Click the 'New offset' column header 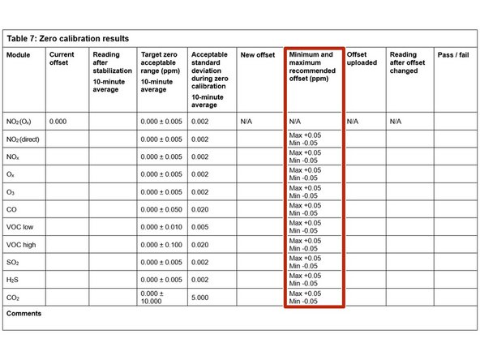pyautogui.click(x=257, y=55)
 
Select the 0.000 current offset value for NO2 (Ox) pyautogui.click(x=58, y=121)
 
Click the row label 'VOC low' pyautogui.click(x=20, y=226)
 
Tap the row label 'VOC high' pyautogui.click(x=21, y=244)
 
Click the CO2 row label pyautogui.click(x=13, y=297)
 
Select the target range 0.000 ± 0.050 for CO pyautogui.click(x=162, y=209)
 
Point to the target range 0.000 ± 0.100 pyautogui.click(x=162, y=244)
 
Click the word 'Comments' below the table pyautogui.click(x=24, y=313)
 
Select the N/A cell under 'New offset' pyautogui.click(x=247, y=121)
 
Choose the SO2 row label pyautogui.click(x=13, y=262)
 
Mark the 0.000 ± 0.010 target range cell pyautogui.click(x=162, y=226)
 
